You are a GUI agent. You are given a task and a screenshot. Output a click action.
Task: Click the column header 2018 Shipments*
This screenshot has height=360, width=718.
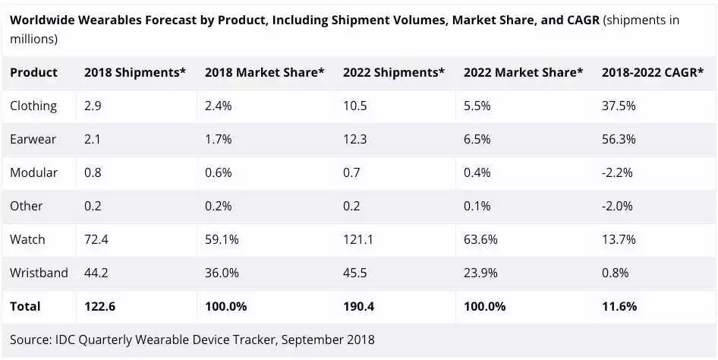(x=135, y=72)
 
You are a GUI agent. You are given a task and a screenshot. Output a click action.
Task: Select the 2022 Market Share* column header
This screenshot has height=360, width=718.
(x=523, y=72)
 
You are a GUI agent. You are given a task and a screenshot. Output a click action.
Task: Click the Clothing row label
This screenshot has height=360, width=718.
(x=33, y=106)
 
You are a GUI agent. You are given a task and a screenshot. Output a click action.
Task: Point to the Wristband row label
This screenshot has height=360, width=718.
(x=39, y=273)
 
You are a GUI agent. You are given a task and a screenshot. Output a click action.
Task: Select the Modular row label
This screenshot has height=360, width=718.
(x=33, y=172)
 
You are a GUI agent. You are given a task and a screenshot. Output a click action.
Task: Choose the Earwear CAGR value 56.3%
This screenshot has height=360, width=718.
(x=619, y=139)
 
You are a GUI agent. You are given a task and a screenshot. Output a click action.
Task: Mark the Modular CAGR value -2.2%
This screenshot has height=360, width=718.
(x=616, y=172)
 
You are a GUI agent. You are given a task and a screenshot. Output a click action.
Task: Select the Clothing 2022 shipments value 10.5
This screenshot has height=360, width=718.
(x=354, y=106)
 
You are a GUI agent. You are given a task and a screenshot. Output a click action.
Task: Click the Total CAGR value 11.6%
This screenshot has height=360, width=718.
(x=619, y=307)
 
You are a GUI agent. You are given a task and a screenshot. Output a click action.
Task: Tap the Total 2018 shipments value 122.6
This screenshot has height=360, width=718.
(x=99, y=307)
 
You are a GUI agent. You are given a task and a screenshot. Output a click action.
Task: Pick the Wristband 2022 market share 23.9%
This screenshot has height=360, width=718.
(x=480, y=273)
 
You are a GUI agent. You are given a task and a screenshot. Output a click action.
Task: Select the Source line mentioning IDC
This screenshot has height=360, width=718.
(x=192, y=339)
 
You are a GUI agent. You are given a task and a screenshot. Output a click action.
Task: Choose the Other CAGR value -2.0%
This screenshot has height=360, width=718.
(x=616, y=206)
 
